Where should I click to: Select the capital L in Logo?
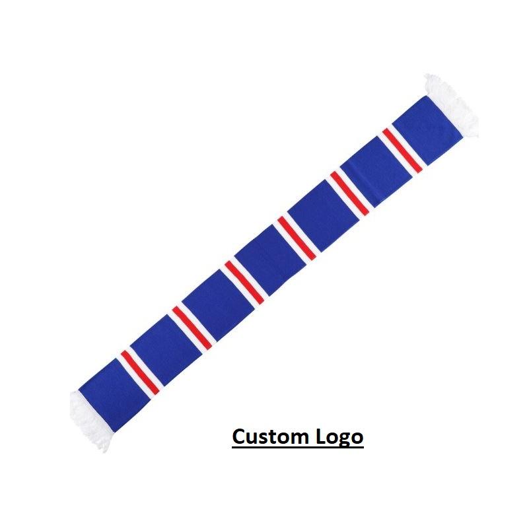point(319,437)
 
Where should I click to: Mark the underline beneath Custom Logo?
point(297,448)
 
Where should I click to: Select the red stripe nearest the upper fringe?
point(402,150)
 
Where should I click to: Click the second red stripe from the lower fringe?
point(192,328)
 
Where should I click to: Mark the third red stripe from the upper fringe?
point(297,238)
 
